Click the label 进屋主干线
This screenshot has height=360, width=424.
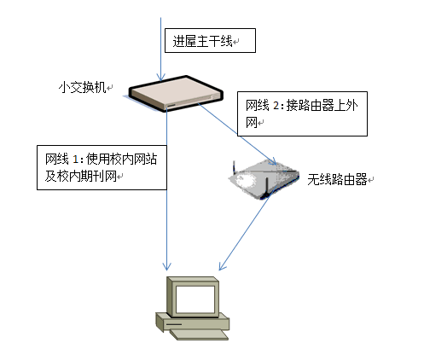coord(203,41)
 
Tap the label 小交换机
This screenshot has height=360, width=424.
coord(83,87)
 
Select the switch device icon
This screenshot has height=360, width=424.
coord(176,94)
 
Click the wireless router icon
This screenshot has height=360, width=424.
coord(264,179)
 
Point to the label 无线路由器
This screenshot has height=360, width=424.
coord(337,179)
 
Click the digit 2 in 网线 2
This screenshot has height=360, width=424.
coord(276,106)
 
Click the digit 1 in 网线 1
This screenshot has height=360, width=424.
coord(75,160)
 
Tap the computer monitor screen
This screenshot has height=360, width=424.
coord(195,299)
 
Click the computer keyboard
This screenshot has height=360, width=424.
coord(199,334)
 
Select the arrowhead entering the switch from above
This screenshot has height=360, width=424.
coord(160,78)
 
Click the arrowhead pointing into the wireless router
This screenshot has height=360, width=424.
coord(273,161)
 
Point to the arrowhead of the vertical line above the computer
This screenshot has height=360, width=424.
coord(166,267)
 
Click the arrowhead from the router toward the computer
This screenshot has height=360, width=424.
coord(222,266)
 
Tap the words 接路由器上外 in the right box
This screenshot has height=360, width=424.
coord(322,106)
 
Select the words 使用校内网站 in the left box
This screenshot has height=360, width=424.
coord(121,159)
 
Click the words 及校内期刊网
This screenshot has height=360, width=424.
coord(81,177)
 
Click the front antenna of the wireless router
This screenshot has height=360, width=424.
coord(266,188)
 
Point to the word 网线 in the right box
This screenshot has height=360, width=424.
coord(258,106)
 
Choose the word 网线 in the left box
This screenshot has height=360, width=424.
coord(57,159)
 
